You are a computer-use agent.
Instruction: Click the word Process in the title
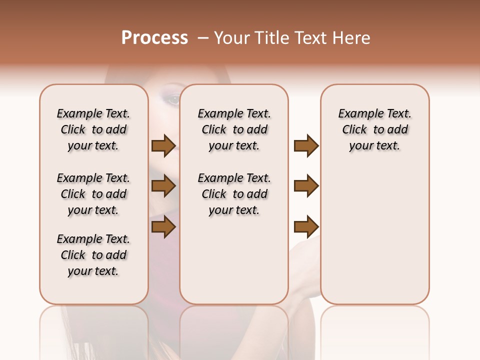154,38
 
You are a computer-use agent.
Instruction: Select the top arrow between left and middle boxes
163,145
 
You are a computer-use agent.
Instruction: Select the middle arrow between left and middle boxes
163,186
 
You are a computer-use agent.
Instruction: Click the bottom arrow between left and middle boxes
163,227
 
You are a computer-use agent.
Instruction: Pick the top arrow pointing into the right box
306,145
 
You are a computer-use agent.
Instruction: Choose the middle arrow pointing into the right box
306,186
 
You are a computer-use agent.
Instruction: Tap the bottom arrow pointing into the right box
306,227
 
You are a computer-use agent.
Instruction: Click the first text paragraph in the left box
93,129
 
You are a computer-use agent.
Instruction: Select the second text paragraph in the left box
93,194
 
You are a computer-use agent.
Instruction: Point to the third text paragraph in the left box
93,255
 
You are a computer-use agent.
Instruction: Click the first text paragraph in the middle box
234,129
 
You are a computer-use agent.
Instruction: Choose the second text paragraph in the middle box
234,194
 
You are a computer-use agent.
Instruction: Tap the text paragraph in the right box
374,129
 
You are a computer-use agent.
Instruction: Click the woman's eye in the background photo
173,99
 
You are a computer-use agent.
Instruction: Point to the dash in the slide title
203,38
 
